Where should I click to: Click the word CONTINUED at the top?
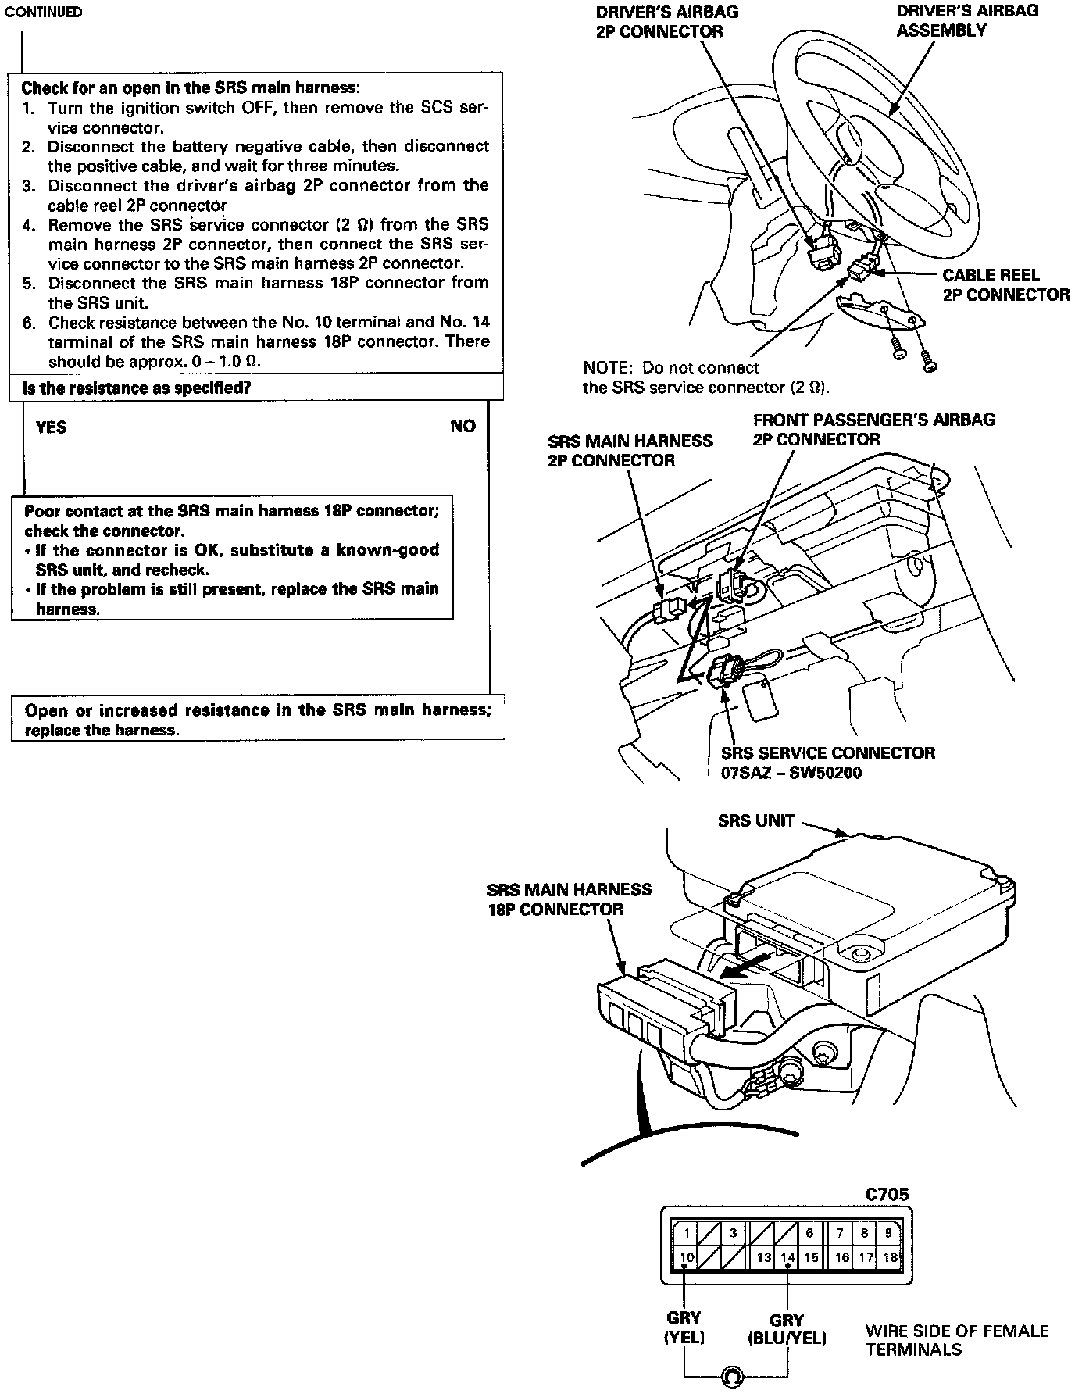coord(43,13)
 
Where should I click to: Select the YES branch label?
coord(52,427)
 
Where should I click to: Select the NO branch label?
coord(462,426)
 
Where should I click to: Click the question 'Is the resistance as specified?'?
coord(137,388)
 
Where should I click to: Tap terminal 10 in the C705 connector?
coord(687,1257)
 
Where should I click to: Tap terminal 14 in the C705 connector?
coord(787,1257)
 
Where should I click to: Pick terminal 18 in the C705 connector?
coord(889,1257)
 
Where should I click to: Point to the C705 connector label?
coord(887,1195)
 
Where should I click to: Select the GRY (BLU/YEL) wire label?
coord(787,1329)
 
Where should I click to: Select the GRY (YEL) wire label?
coord(684,1328)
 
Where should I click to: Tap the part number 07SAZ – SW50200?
coord(791,774)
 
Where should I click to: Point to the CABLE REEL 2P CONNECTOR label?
coord(1005,285)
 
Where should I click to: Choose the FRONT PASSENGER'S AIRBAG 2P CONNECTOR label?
coord(873,429)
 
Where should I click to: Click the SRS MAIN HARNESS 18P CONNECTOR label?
coord(569,899)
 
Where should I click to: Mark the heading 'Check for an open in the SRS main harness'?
coord(191,88)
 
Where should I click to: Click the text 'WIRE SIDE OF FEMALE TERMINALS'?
coord(956,1340)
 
